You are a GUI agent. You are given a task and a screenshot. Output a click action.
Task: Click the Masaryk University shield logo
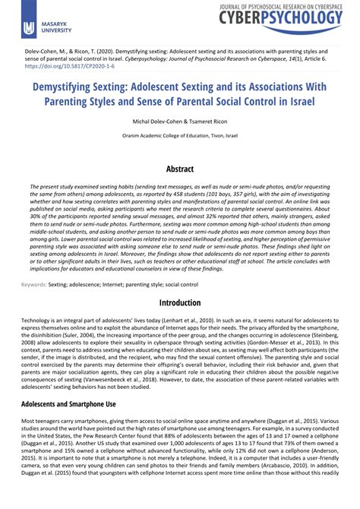28,28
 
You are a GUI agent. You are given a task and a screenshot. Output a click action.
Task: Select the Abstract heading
180,170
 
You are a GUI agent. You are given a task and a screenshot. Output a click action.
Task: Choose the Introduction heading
180,302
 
